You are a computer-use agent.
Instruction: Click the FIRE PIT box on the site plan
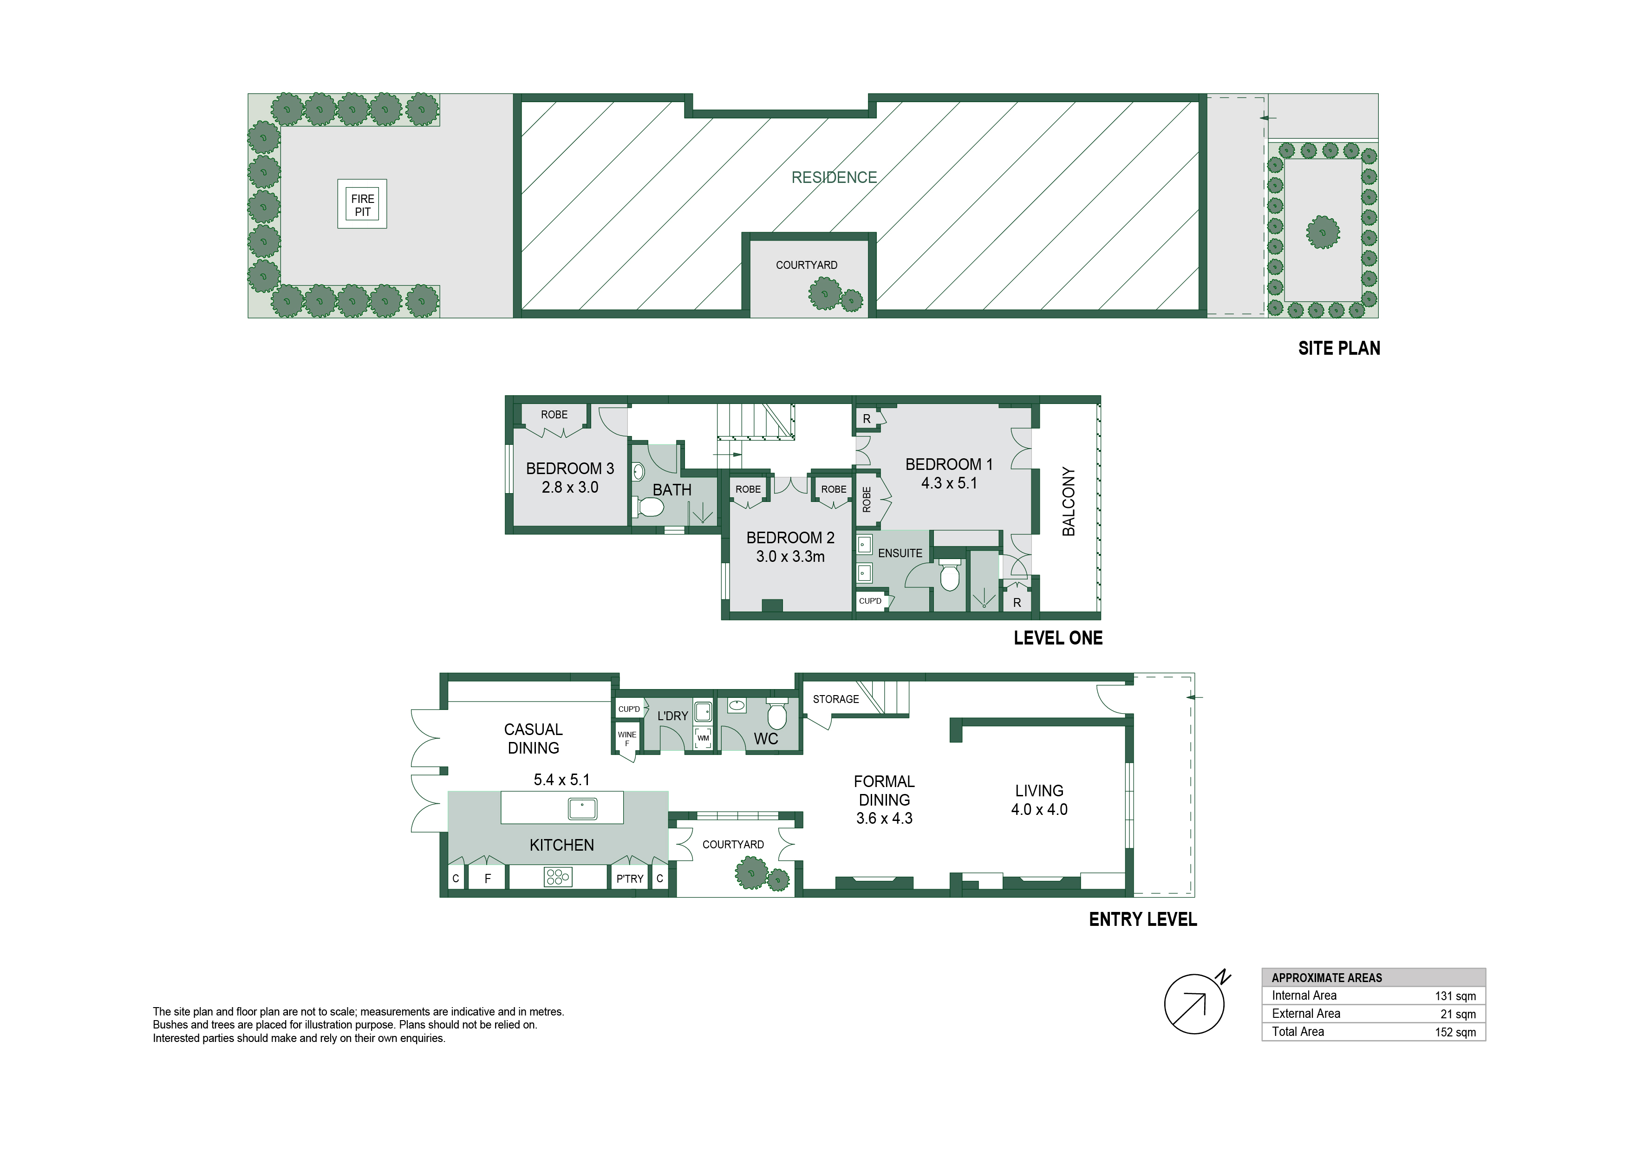click(362, 204)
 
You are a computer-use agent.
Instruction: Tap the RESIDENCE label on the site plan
click(834, 177)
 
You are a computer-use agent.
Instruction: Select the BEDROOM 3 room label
click(569, 469)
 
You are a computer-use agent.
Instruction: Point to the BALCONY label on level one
click(1069, 501)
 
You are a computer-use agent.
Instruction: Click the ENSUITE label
click(900, 553)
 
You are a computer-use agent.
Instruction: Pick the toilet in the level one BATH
click(648, 507)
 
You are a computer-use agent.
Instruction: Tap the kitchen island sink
click(583, 808)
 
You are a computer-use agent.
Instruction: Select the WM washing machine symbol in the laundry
click(703, 737)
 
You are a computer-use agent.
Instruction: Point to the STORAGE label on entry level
click(835, 699)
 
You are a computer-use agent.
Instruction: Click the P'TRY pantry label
click(630, 879)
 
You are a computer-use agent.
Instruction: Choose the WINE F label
click(627, 739)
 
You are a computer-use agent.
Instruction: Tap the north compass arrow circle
click(1194, 1004)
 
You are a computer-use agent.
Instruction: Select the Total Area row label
click(1298, 1031)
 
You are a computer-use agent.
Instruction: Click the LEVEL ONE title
click(1058, 638)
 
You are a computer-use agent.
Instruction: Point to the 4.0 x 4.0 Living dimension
click(1039, 809)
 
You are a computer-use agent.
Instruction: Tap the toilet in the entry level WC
click(776, 713)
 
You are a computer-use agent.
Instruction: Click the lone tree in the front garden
click(1324, 232)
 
